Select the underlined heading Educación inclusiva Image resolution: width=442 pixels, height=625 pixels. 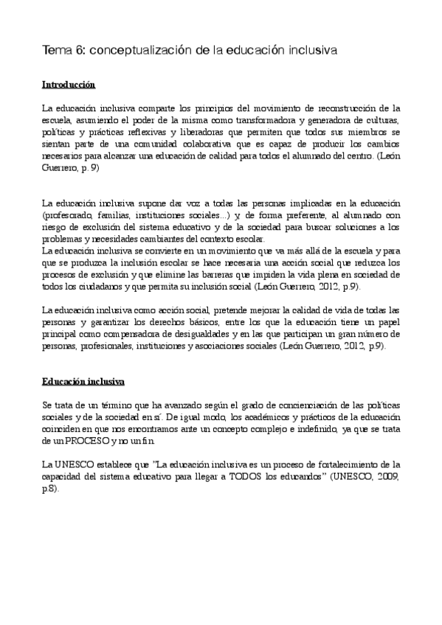[x=83, y=383]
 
